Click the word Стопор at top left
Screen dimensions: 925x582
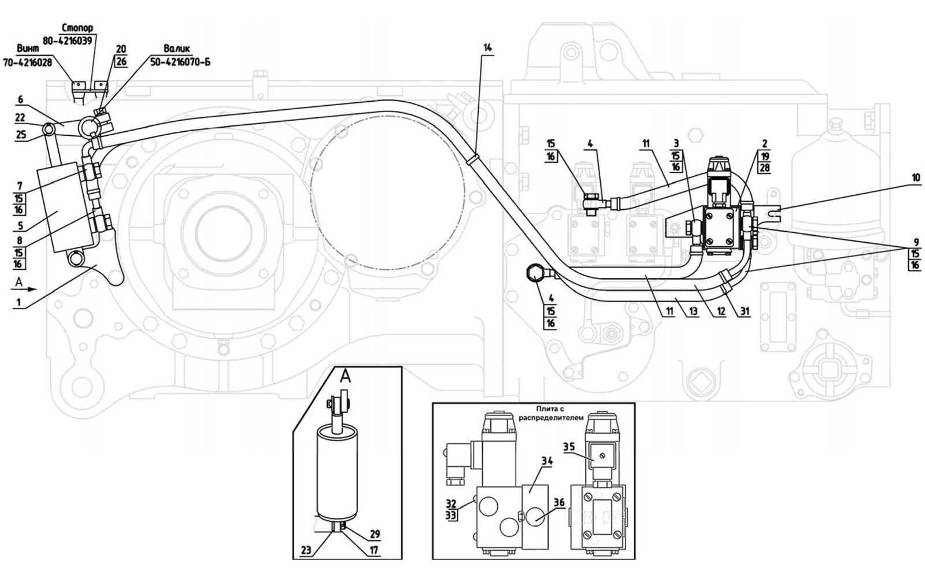pyautogui.click(x=77, y=28)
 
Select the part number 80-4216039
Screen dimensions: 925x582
pyautogui.click(x=67, y=41)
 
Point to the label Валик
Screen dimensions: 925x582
pyautogui.click(x=177, y=49)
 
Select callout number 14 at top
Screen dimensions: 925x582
pyautogui.click(x=488, y=48)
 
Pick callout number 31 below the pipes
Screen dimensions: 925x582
pyautogui.click(x=745, y=312)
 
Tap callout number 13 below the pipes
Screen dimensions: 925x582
pyautogui.click(x=693, y=312)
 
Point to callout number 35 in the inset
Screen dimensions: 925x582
pyautogui.click(x=569, y=447)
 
